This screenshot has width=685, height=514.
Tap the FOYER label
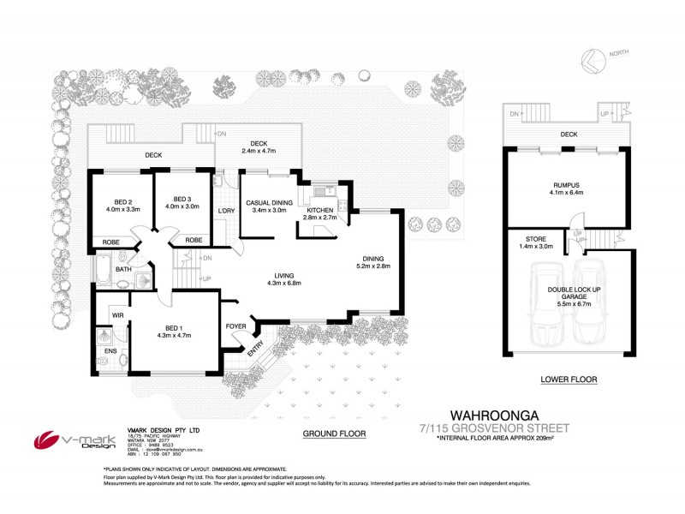(x=235, y=326)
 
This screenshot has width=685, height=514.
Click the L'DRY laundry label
(x=226, y=211)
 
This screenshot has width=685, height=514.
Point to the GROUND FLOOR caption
(x=334, y=433)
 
